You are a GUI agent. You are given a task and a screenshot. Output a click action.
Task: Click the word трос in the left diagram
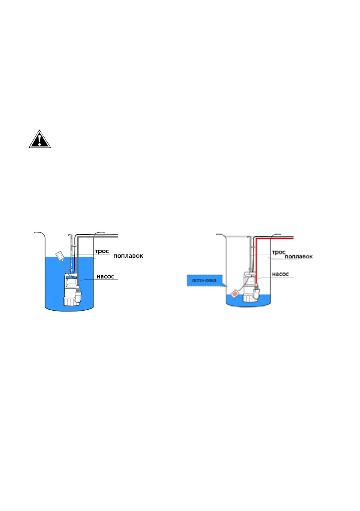point(102,251)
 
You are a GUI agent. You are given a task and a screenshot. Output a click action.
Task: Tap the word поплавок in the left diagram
point(127,256)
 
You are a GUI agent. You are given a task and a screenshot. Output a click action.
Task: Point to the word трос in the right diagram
point(279,252)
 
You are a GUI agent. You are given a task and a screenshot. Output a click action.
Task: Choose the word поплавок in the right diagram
point(299,257)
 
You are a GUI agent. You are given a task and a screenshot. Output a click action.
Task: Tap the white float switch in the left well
point(60,256)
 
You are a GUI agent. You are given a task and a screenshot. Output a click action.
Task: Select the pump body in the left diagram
point(70,287)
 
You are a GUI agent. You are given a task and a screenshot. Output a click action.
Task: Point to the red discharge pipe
point(257,257)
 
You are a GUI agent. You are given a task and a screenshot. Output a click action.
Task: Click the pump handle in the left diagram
point(71,278)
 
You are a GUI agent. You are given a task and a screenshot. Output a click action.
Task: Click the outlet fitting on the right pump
point(257,293)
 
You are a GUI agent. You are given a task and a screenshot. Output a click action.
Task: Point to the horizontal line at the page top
point(89,35)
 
